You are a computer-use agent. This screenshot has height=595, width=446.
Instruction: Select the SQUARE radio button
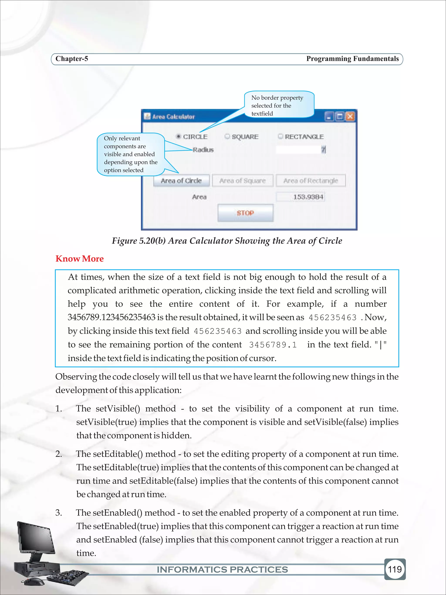227,137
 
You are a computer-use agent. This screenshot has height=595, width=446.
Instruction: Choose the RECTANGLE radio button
280,137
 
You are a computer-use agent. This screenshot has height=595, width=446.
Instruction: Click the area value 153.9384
308,197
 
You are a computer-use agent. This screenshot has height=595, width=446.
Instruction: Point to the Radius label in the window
203,150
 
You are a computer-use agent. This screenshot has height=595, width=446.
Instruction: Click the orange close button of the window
350,117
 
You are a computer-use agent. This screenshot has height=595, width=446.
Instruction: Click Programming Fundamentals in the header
352,59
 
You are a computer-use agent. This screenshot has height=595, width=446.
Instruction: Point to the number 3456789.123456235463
111,317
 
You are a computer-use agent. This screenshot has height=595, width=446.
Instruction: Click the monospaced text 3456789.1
273,345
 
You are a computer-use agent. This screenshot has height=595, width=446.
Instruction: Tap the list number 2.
59,454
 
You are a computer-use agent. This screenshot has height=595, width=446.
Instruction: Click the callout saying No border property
279,105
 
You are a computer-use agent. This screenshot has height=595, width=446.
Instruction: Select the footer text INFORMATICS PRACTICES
222,570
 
